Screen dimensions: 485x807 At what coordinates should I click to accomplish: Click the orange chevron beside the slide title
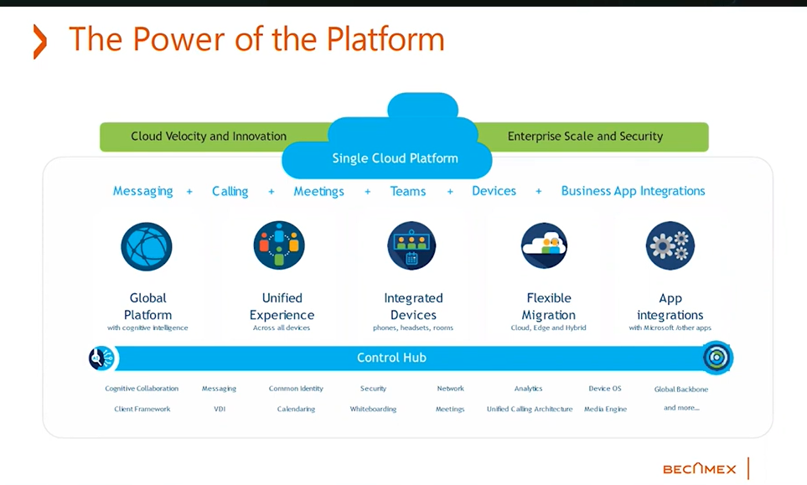(39, 42)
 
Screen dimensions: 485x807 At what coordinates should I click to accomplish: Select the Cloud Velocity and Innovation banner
(209, 137)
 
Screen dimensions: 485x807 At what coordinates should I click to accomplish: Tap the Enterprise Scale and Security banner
(585, 137)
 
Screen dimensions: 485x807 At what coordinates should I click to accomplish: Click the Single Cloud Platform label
(395, 158)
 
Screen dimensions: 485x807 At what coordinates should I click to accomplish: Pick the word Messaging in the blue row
(142, 191)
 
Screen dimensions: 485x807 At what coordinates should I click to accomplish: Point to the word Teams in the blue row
(408, 191)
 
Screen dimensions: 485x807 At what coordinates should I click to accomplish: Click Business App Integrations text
(633, 191)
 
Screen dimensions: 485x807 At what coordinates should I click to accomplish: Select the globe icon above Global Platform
(147, 246)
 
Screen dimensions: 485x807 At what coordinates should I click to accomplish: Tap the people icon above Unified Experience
(279, 245)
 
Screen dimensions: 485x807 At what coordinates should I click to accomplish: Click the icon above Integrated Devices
(412, 246)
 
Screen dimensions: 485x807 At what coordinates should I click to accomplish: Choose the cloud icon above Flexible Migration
(545, 245)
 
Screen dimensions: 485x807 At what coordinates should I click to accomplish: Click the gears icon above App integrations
(670, 245)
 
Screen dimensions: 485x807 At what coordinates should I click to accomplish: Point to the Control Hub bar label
(391, 358)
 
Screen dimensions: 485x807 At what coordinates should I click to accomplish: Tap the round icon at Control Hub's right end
(716, 358)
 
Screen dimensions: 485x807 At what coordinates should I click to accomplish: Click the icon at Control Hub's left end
(101, 359)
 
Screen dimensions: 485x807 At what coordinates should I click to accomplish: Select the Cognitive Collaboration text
(142, 389)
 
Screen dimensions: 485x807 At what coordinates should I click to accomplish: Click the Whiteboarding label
(373, 410)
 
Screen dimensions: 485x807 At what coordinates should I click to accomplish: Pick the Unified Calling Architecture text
(530, 410)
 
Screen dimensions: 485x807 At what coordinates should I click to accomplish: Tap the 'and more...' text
(681, 408)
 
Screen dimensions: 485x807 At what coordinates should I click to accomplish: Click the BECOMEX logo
(699, 469)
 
